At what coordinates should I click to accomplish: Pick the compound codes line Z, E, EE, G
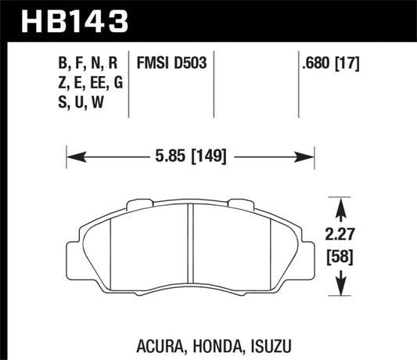[x=94, y=82]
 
